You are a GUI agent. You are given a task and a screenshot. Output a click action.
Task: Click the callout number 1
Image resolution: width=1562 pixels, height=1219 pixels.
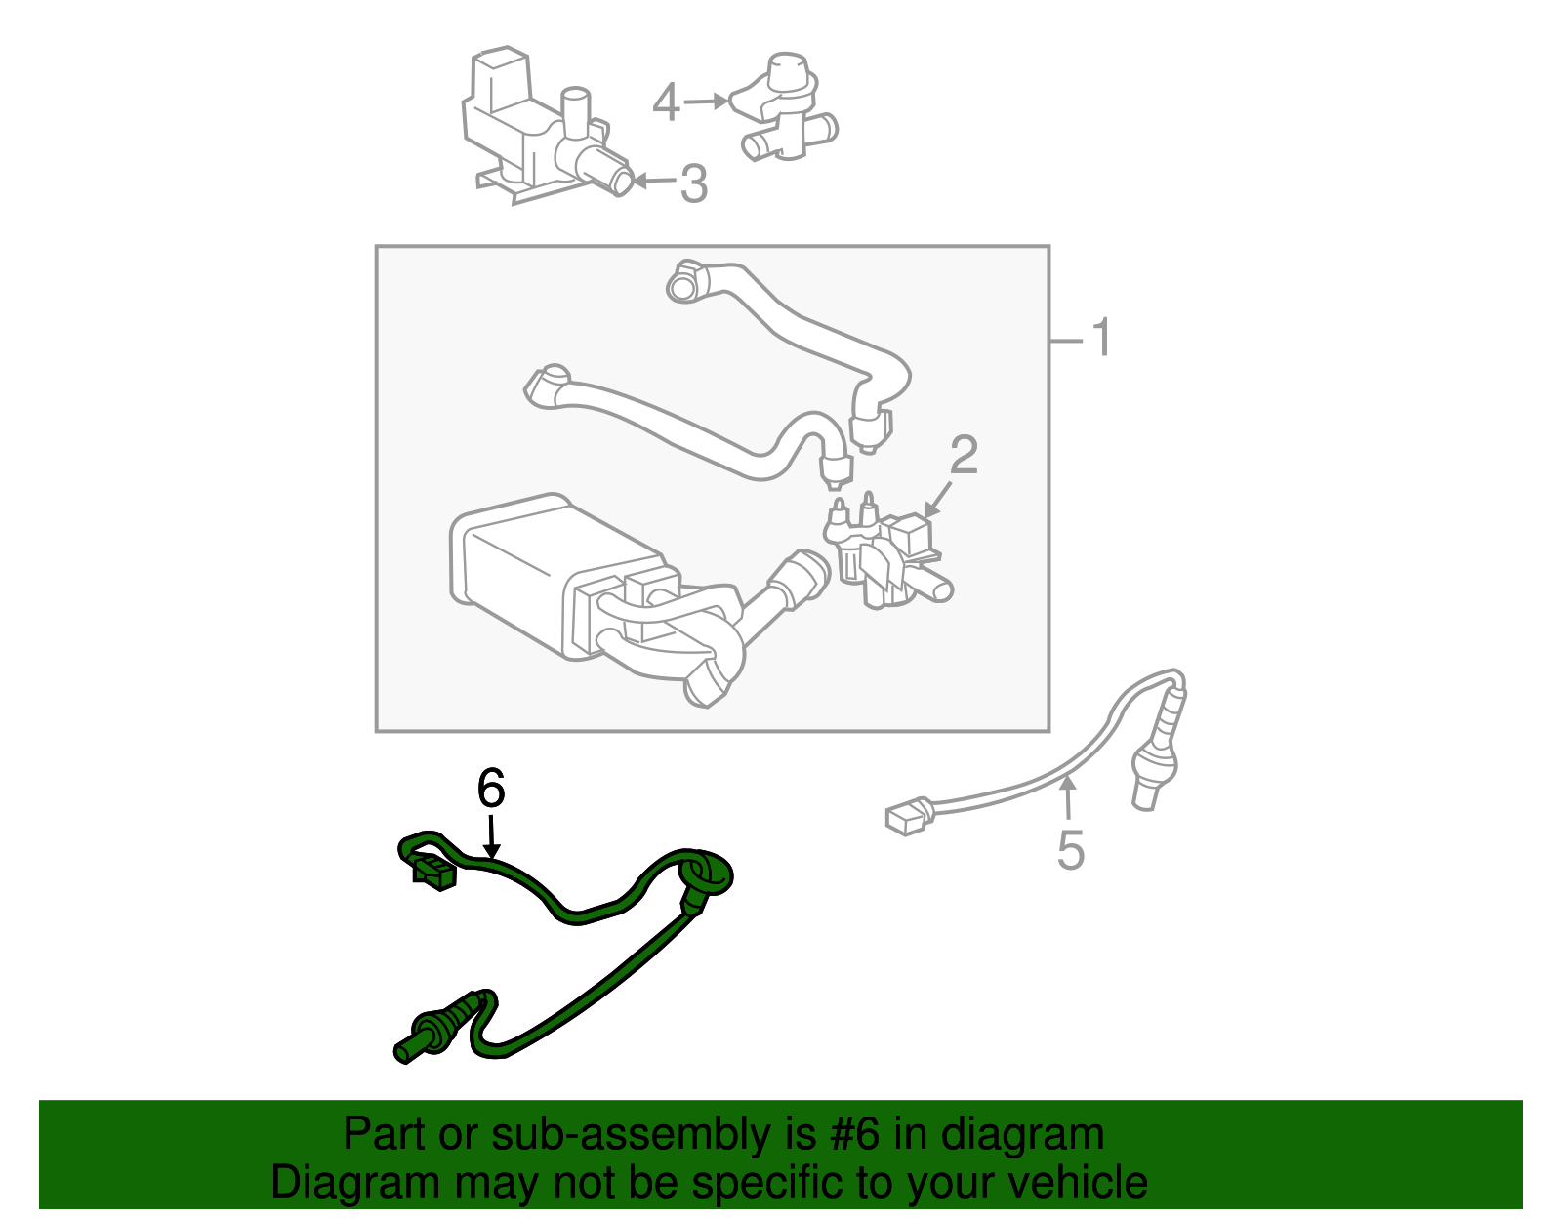1101,339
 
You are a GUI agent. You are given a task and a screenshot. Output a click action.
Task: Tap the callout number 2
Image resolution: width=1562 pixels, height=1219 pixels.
964,456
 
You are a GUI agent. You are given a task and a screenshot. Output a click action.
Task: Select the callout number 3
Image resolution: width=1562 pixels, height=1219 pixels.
693,183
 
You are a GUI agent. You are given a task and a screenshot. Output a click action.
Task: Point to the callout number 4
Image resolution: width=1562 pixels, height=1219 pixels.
666,102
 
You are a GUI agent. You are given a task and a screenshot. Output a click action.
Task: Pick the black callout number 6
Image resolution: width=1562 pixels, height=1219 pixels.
491,789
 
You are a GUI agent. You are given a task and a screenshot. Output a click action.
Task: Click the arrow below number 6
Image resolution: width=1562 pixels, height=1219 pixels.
491,839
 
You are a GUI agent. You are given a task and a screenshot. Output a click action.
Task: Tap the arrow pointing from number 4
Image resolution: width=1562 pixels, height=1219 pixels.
705,101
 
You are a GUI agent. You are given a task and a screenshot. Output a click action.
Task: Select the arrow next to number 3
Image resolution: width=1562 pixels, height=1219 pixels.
654,181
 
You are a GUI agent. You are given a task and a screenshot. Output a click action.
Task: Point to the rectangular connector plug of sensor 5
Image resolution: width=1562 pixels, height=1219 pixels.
907,816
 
